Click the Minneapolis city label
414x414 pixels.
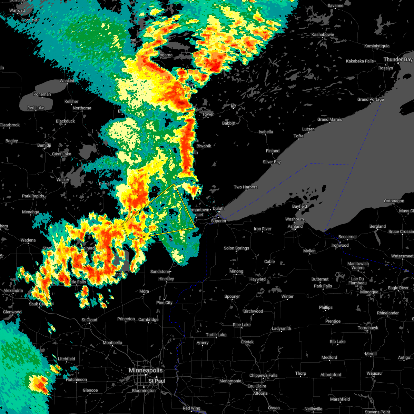click(x=146, y=370)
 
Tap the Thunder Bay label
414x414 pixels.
click(x=398, y=60)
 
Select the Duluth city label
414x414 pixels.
click(x=219, y=208)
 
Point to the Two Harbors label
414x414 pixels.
click(x=246, y=187)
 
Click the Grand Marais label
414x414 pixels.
click(x=330, y=119)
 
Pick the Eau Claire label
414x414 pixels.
click(x=256, y=386)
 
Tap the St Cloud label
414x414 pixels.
click(x=89, y=320)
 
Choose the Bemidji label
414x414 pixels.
click(x=44, y=146)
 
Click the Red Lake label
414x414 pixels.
click(x=36, y=108)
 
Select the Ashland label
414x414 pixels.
click(x=295, y=226)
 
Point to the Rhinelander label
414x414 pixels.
click(x=388, y=313)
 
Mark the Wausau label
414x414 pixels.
click(x=374, y=373)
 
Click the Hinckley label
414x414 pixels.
click(x=166, y=279)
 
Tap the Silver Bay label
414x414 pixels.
click(x=272, y=162)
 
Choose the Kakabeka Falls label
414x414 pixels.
click(x=360, y=61)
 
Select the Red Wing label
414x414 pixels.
click(x=191, y=408)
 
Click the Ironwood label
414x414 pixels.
click(x=340, y=245)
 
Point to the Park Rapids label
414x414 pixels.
click(x=33, y=196)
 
